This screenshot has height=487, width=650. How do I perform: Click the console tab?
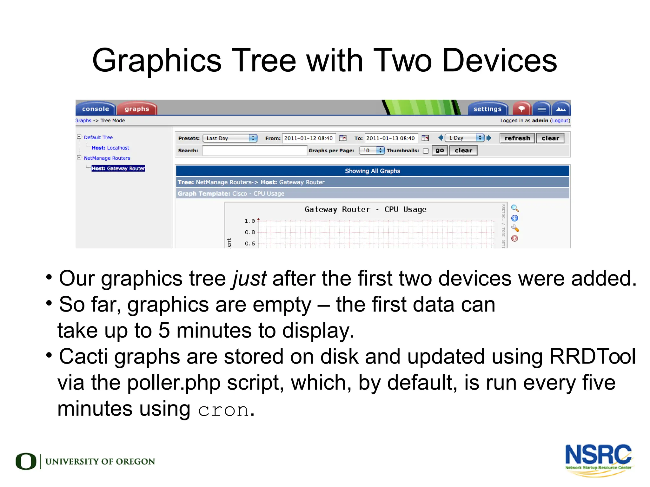tap(95, 109)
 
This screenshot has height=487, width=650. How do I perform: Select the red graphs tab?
tap(137, 109)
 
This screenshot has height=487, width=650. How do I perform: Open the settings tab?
tap(487, 109)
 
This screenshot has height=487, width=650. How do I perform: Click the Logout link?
tap(560, 121)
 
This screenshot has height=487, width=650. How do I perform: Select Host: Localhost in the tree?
tap(110, 148)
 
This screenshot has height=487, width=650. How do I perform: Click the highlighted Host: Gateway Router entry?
tap(118, 168)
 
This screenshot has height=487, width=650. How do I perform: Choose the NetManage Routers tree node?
tap(107, 158)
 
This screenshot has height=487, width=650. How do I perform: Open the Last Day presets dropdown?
tap(230, 138)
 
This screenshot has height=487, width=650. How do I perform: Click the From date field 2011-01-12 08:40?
tap(308, 138)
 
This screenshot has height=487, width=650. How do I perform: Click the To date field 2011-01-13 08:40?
tap(391, 138)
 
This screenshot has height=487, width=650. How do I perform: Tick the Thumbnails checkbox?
tap(426, 151)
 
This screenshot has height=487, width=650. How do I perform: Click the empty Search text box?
tap(255, 150)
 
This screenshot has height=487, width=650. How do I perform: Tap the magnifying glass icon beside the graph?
tap(515, 208)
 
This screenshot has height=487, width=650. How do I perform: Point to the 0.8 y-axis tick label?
tap(250, 232)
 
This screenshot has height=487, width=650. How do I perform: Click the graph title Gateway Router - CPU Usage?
tap(365, 209)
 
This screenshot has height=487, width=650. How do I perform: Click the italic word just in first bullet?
tap(249, 279)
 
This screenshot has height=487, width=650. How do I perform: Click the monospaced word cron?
tap(223, 410)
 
